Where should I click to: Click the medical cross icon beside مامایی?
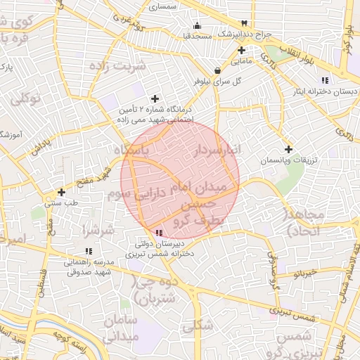(x=241, y=50)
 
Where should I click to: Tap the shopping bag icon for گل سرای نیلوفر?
(x=218, y=70)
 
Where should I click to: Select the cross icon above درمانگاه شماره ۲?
(x=155, y=98)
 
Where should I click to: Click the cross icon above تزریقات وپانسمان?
(x=288, y=149)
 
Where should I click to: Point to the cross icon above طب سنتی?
(x=62, y=192)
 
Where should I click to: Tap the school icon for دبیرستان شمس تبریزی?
(x=159, y=232)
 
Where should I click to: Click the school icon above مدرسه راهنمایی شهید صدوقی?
(x=88, y=251)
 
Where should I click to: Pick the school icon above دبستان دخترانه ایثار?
(x=323, y=80)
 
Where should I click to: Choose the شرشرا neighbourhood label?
(x=98, y=230)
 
